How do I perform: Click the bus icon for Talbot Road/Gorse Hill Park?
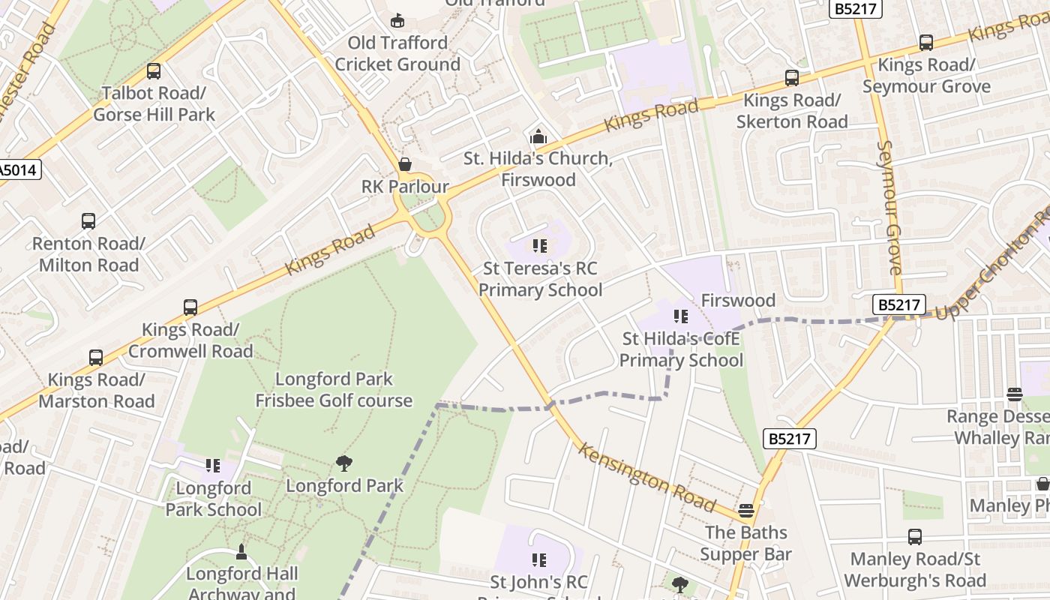(154, 71)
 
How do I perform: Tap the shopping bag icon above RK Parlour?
(405, 164)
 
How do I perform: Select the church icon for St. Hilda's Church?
(538, 137)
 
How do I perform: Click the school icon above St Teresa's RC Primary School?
(539, 246)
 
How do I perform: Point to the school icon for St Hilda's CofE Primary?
(680, 316)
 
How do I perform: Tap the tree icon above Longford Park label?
(344, 463)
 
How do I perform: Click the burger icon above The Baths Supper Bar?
(745, 511)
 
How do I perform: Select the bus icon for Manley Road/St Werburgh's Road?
(915, 537)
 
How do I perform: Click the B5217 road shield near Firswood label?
(899, 304)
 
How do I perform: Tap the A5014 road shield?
(18, 169)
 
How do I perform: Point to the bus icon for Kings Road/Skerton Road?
(792, 78)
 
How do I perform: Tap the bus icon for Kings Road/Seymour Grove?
(926, 43)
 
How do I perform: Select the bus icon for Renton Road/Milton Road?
(88, 221)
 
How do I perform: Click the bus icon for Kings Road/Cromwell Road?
(190, 307)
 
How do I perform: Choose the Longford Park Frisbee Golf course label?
(334, 390)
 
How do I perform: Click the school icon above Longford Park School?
(213, 466)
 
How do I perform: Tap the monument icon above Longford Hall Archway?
(241, 552)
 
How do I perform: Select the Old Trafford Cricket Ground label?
(397, 53)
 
